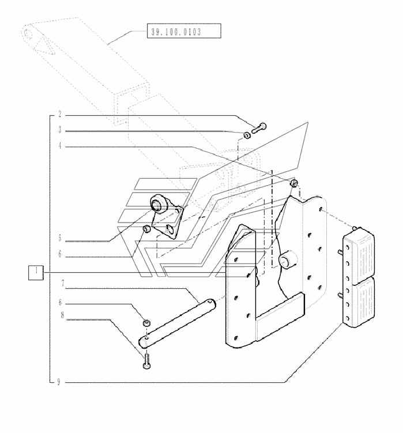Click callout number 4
[x=60, y=146]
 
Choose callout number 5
[x=60, y=237]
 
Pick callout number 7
[x=60, y=284]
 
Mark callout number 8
[x=60, y=315]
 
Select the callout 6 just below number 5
[x=60, y=253]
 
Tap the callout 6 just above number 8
[x=60, y=301]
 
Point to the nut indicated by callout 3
[x=246, y=135]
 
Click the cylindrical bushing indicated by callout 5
[x=157, y=204]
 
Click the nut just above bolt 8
[x=146, y=322]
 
